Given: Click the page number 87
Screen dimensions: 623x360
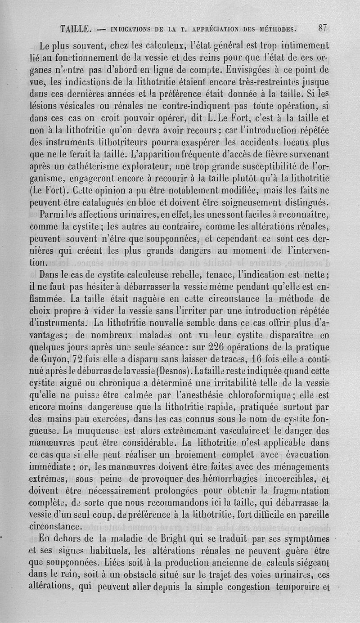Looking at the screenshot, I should tap(322, 28).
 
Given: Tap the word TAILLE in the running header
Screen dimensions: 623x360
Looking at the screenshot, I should tap(76, 30).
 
